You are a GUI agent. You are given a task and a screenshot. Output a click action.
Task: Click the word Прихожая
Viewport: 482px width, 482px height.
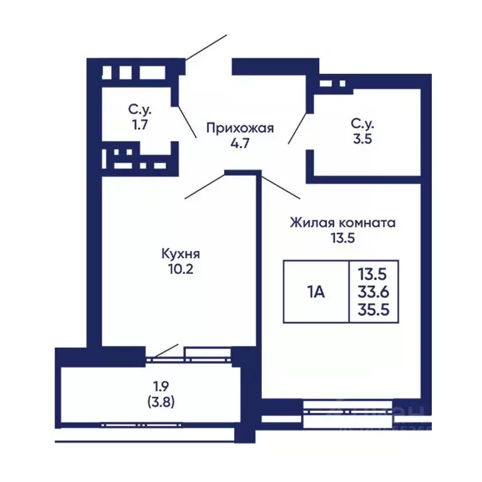click(240, 128)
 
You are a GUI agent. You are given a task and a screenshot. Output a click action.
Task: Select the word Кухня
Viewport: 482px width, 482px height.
click(180, 254)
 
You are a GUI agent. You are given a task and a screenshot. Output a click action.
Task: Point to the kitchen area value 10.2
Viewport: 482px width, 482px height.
click(180, 269)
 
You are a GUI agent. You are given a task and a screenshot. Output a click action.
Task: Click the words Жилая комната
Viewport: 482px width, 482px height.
click(342, 223)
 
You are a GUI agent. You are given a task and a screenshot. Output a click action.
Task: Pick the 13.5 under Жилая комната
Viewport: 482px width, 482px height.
click(342, 238)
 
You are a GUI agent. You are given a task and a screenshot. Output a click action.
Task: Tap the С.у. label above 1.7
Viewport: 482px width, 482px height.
click(140, 110)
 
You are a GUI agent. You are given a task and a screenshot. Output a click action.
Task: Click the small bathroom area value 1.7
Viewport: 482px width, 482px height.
click(139, 124)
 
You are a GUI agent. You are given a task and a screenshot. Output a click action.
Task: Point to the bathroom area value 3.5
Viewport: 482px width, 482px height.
click(363, 139)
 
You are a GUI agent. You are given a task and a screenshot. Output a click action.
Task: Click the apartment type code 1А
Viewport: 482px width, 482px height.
click(316, 291)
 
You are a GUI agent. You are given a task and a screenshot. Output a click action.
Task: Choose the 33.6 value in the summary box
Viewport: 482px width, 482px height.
click(372, 291)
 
